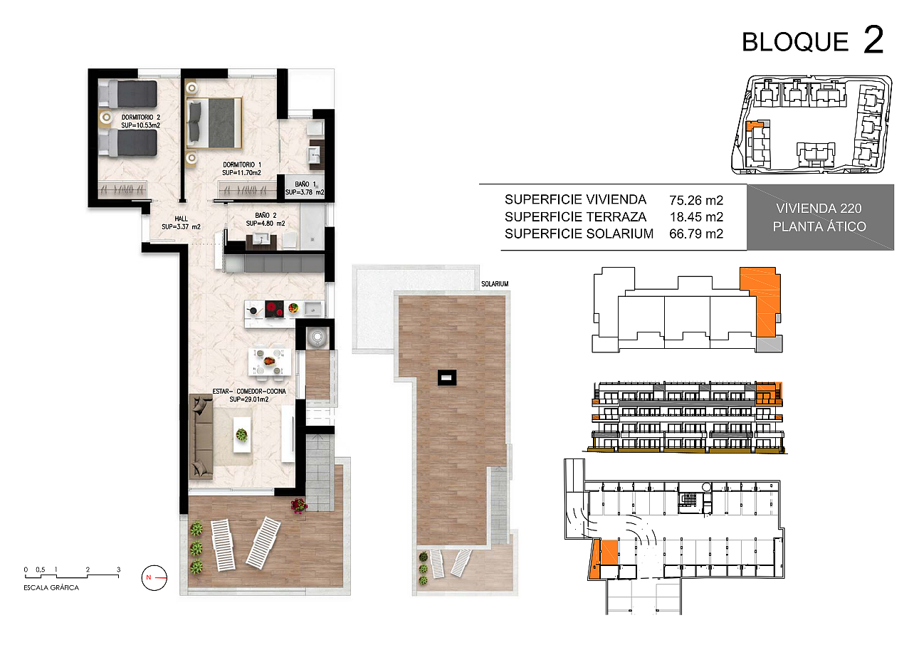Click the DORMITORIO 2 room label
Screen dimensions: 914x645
click(141, 117)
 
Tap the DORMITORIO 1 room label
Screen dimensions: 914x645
click(242, 164)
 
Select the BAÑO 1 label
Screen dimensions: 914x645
click(305, 184)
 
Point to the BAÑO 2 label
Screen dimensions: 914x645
click(266, 215)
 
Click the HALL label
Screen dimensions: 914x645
click(182, 219)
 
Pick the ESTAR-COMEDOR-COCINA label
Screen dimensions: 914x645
click(249, 392)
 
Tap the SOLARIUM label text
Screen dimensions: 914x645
click(495, 283)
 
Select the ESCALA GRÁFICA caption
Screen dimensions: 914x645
click(51, 587)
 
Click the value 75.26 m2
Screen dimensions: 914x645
click(696, 200)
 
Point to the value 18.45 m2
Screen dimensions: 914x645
click(696, 217)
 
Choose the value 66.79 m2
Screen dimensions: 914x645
click(696, 234)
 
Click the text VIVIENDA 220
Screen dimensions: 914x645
click(819, 209)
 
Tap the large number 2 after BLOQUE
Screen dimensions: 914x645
click(873, 40)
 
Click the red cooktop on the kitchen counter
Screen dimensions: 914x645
click(274, 309)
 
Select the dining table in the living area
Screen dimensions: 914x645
click(269, 361)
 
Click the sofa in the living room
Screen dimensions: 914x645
click(201, 436)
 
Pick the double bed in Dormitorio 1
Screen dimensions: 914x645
click(214, 122)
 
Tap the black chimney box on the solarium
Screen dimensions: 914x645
click(447, 377)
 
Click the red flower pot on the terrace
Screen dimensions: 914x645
click(299, 505)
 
